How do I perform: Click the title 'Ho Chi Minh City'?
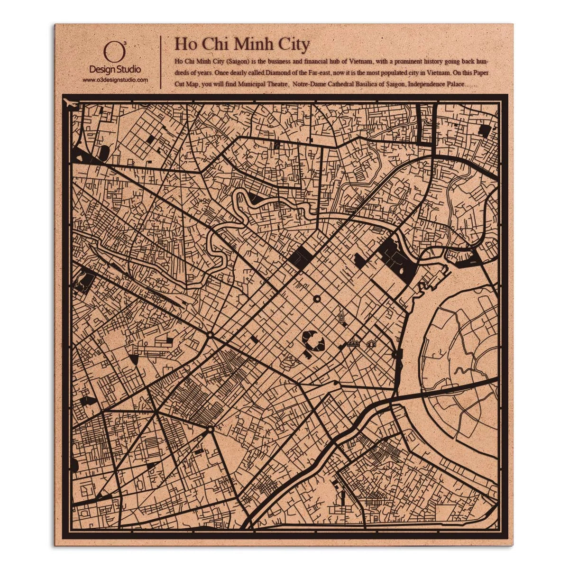point(242,44)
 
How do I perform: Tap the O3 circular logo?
point(114,52)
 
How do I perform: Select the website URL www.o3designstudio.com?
point(115,80)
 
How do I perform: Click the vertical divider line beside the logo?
point(161,62)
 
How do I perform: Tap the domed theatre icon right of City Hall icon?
point(371,343)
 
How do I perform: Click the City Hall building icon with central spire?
point(353,343)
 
